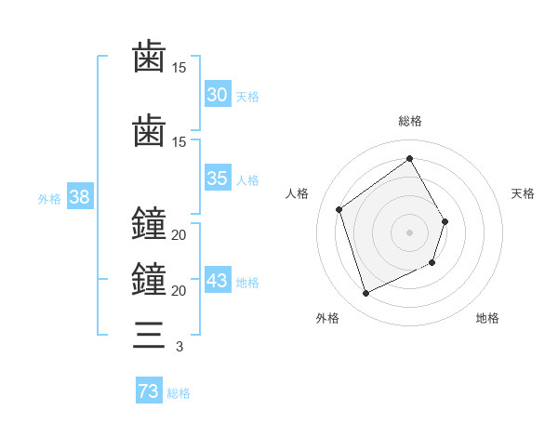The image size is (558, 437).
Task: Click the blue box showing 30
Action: (218, 94)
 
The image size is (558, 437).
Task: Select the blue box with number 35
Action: (218, 179)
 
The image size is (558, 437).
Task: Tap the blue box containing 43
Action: (218, 281)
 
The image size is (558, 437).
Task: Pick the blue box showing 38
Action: (79, 197)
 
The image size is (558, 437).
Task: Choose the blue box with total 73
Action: (149, 391)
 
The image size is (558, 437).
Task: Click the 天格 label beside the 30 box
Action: (247, 96)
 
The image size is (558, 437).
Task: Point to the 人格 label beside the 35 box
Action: (247, 179)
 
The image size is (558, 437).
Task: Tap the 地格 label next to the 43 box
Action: (247, 283)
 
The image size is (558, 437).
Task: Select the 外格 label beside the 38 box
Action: (49, 198)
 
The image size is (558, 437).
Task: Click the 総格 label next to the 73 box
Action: (179, 393)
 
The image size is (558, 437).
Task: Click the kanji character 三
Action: (149, 333)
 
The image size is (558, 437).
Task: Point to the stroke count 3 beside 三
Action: (179, 347)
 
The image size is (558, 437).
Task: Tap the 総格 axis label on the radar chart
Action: (409, 121)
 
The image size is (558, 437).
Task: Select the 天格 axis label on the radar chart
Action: (524, 193)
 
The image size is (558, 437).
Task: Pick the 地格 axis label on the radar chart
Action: (487, 318)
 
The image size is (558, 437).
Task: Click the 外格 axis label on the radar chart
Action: (327, 318)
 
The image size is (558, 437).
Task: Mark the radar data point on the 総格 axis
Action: (409, 159)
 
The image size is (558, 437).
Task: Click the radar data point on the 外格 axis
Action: (365, 294)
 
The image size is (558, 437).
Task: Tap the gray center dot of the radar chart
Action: (409, 232)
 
